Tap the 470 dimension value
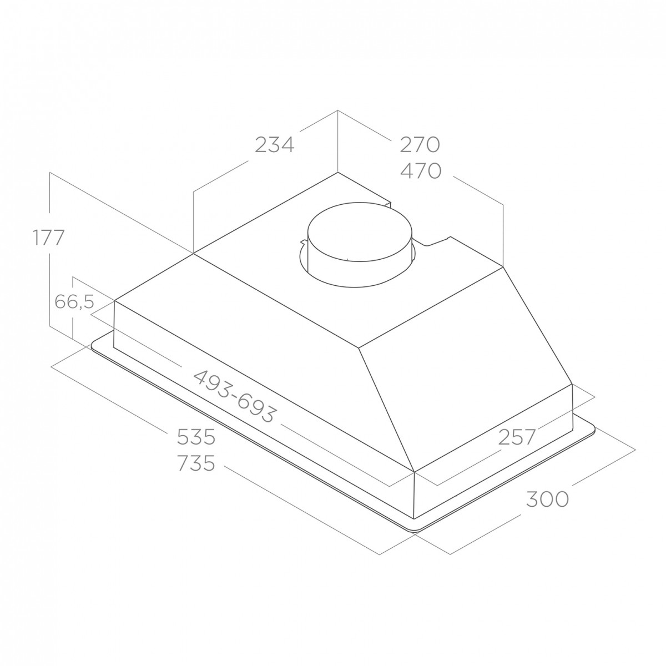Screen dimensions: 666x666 pos(421,171)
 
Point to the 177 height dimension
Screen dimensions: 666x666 pos(49,238)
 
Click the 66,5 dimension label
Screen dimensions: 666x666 pos(74,302)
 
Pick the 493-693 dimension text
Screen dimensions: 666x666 pos(235,396)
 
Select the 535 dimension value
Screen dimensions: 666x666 pos(196,437)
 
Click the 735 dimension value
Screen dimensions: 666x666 pos(196,463)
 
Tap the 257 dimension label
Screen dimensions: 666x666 pos(517,437)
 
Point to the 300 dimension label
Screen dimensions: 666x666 pos(547,499)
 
